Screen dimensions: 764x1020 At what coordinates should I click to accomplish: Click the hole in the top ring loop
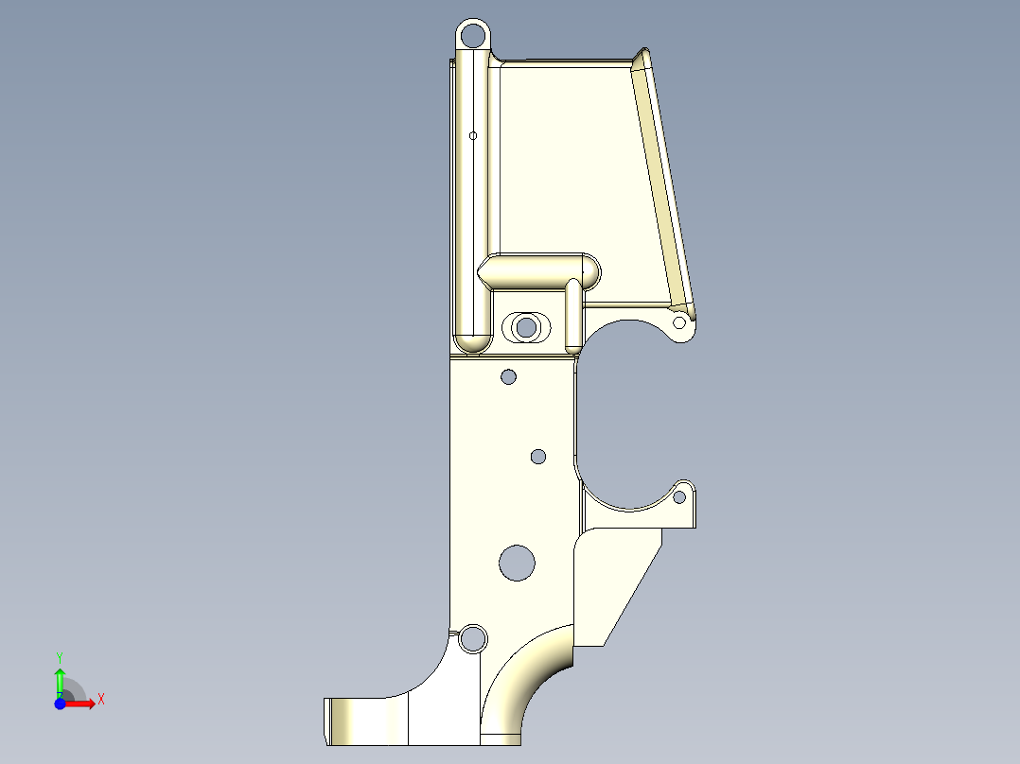tap(472, 37)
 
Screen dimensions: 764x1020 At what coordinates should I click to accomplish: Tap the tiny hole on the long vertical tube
tap(472, 135)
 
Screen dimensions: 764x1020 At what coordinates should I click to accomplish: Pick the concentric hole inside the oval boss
tap(526, 328)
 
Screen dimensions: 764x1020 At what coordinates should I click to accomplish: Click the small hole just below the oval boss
tap(508, 377)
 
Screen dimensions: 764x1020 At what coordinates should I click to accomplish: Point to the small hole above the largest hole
tap(537, 457)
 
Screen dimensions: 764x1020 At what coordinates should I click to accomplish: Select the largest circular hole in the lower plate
tap(517, 562)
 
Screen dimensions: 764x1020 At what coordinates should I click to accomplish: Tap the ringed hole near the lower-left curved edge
tap(470, 639)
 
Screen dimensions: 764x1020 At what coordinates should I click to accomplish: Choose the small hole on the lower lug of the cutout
tap(679, 495)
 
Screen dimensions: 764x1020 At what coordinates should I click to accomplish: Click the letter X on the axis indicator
tap(101, 700)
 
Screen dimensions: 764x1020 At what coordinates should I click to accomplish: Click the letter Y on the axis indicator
tap(60, 656)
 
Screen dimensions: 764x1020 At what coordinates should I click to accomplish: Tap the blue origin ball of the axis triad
tap(60, 703)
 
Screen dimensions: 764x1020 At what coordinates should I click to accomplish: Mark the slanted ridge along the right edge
tap(667, 180)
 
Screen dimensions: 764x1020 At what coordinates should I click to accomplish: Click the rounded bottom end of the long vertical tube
tap(471, 339)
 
